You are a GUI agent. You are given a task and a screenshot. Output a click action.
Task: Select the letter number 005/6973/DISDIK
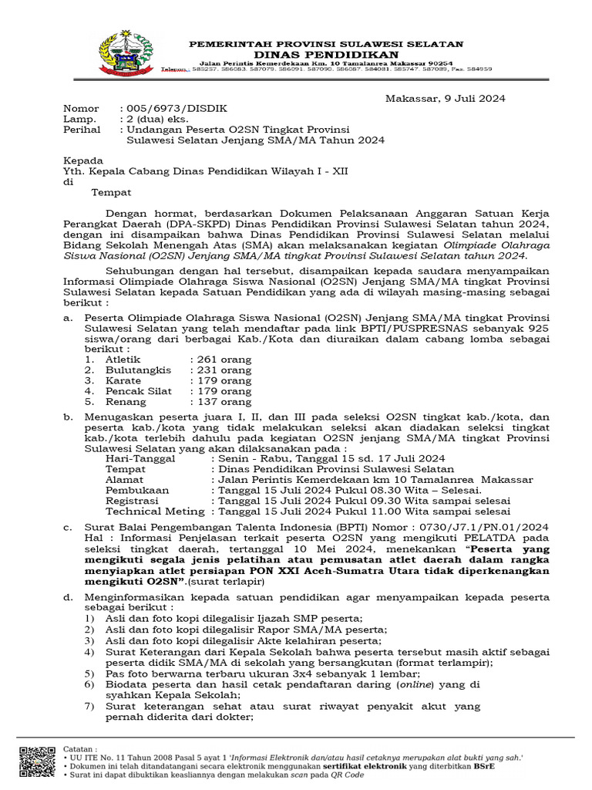173,109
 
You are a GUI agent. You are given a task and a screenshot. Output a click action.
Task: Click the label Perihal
82,130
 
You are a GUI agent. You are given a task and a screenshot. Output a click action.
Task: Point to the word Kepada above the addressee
82,160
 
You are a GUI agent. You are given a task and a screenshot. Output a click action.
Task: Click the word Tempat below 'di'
111,192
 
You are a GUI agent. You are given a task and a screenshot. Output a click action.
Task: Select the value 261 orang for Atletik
220,360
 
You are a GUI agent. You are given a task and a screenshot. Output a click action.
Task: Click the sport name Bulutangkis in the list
138,370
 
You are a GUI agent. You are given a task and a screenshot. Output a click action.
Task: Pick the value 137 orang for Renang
220,401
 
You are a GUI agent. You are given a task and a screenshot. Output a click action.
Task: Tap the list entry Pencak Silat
138,391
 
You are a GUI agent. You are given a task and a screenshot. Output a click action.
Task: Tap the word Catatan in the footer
79,748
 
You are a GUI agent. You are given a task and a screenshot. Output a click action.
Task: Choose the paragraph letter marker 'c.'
67,528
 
